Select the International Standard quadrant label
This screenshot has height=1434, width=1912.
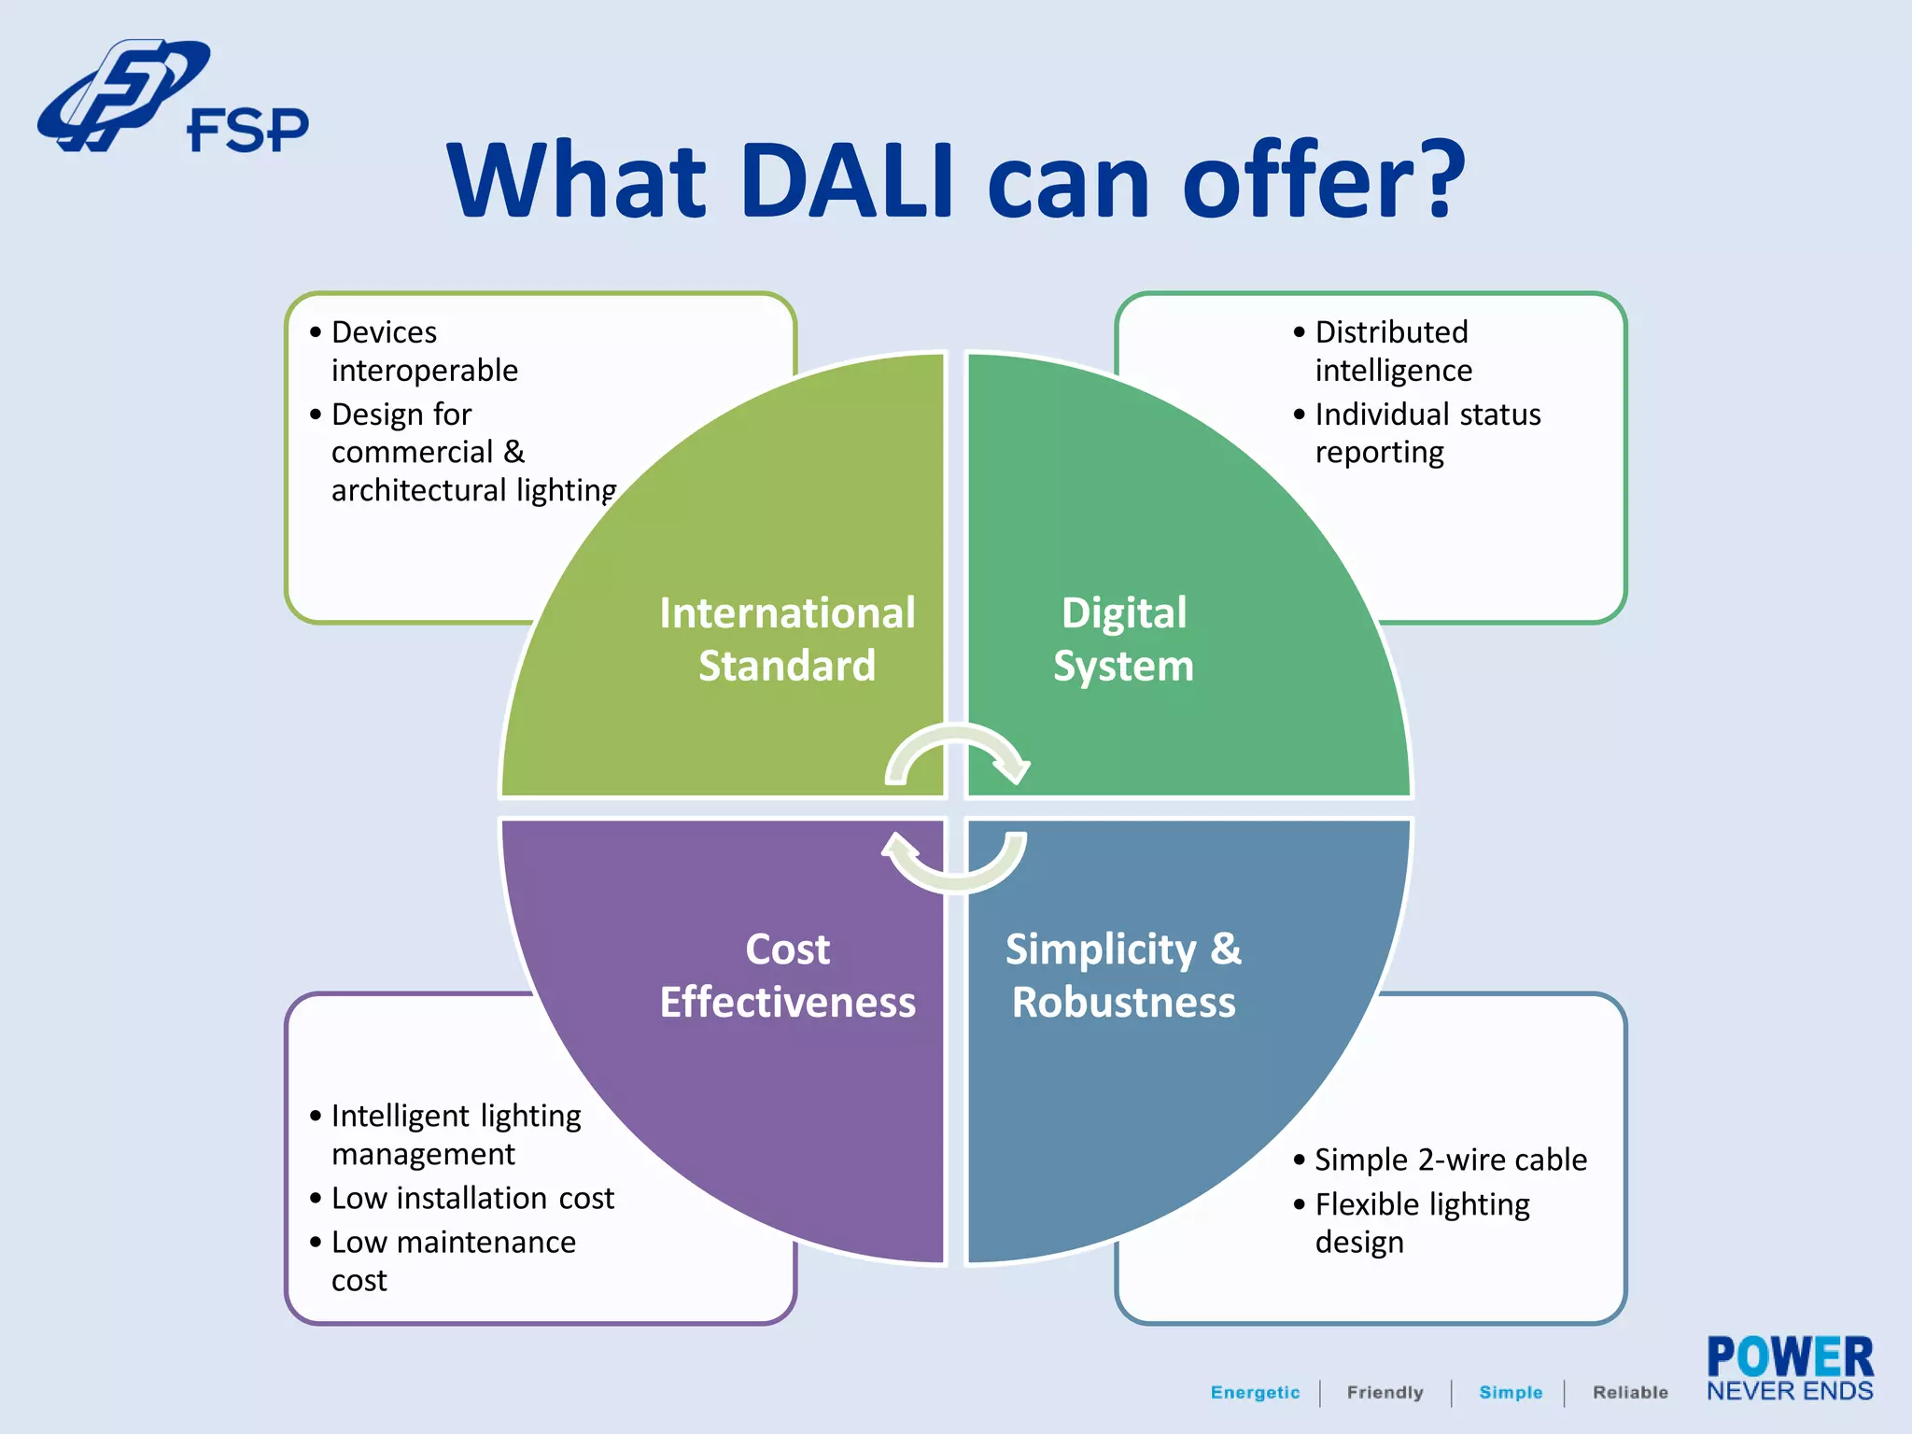787,640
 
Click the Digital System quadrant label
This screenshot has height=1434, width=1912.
1123,640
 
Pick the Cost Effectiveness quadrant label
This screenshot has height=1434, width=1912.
787,976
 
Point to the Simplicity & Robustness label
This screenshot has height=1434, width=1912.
1123,976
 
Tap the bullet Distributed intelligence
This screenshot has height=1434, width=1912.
1392,351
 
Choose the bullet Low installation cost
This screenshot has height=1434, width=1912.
471,1198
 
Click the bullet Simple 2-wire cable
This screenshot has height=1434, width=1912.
1450,1160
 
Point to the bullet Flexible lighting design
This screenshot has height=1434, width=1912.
1421,1223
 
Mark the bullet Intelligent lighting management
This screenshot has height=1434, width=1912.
455,1134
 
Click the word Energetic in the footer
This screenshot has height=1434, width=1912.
1255,1392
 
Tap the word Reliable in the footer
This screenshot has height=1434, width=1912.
1630,1392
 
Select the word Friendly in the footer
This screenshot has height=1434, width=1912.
1385,1392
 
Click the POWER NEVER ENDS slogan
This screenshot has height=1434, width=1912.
1789,1369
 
